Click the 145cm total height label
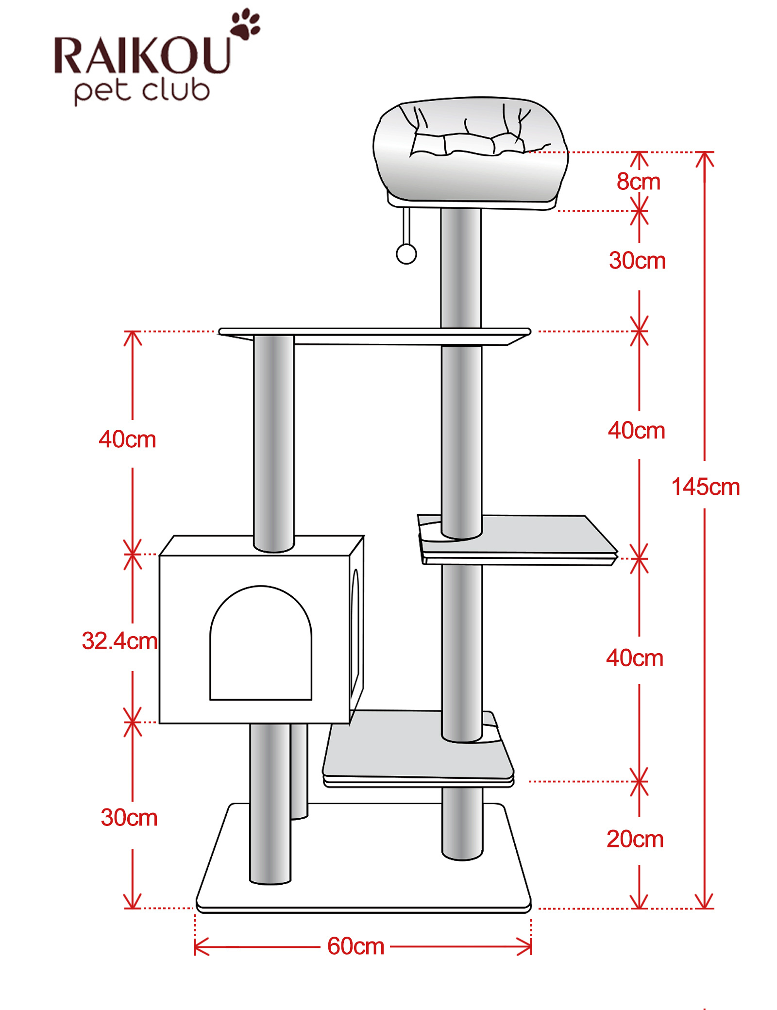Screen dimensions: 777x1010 705,487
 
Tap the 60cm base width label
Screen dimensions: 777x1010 355,946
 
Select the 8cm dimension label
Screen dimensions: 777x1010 639,182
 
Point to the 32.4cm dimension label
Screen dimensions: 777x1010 119,640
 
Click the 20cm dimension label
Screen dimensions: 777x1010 635,839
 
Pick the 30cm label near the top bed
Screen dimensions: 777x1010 637,261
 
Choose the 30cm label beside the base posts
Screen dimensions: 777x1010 129,817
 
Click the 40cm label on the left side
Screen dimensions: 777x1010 127,439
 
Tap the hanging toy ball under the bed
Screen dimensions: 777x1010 406,253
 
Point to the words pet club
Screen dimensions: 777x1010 142,91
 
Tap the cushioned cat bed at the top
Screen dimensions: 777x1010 470,151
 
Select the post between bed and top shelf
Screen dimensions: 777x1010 461,269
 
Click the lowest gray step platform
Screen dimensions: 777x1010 418,748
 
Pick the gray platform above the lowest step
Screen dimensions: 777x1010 517,539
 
